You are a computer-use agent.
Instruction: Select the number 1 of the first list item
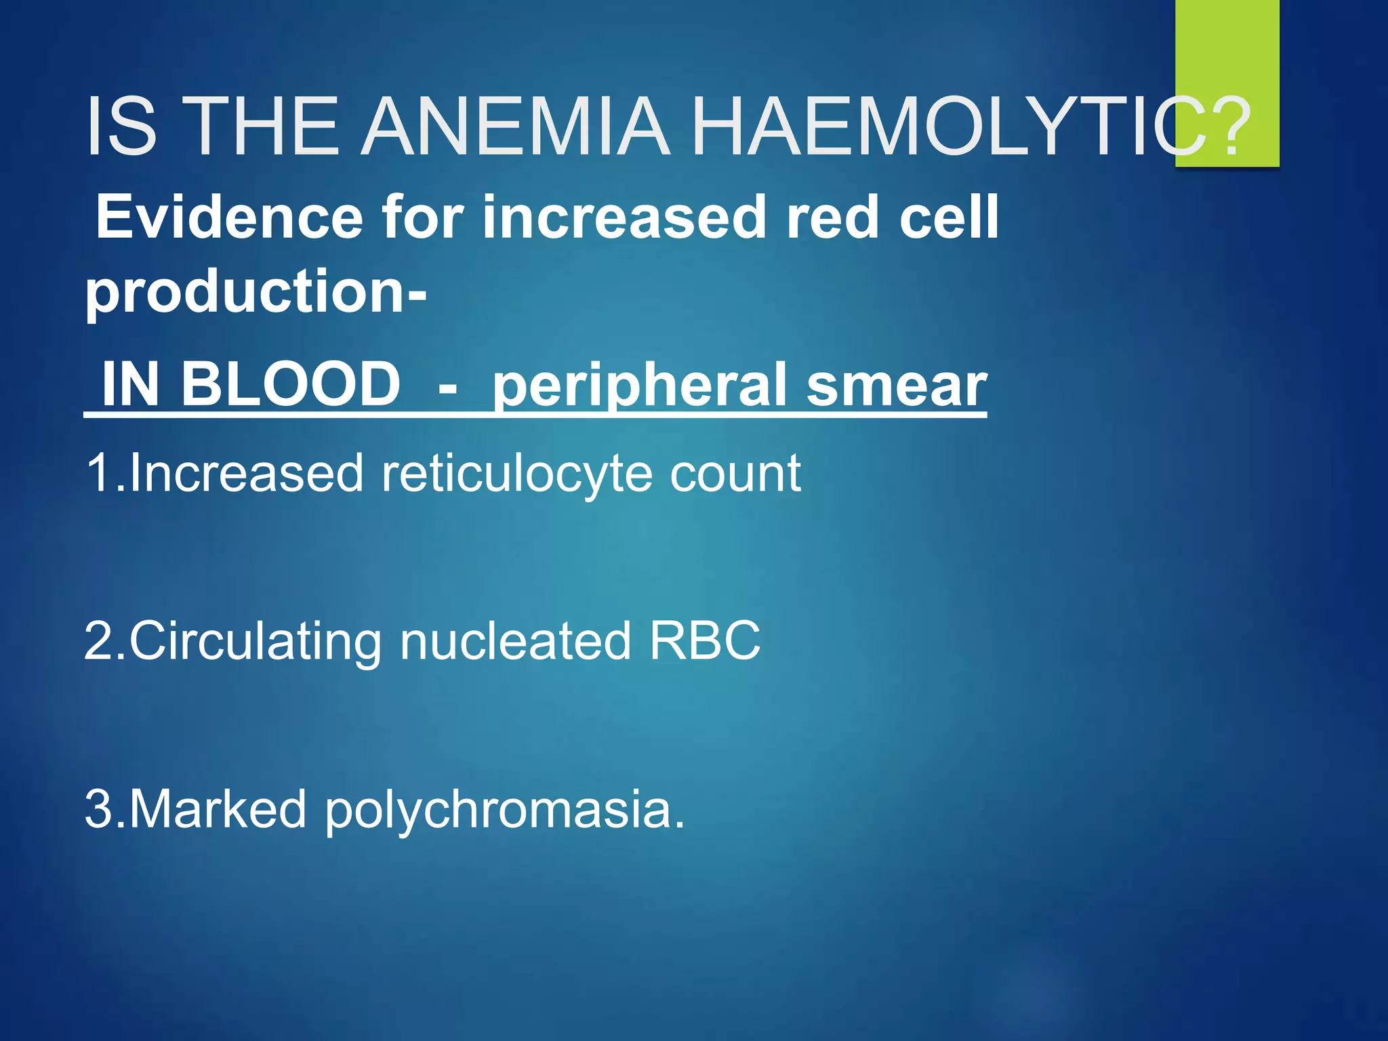(98, 473)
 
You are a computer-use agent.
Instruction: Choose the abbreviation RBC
(705, 640)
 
